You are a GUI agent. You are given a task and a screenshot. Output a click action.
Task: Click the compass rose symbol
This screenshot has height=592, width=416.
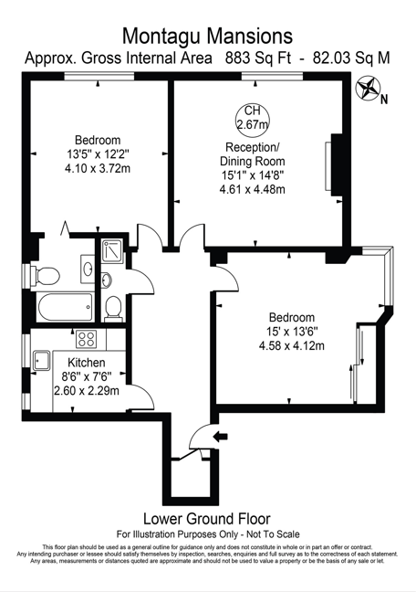pyautogui.click(x=367, y=88)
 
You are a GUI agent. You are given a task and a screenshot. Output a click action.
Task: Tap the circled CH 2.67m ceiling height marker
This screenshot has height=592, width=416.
pyautogui.click(x=253, y=117)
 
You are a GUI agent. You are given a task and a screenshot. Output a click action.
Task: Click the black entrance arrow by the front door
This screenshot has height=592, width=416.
pyautogui.click(x=220, y=437)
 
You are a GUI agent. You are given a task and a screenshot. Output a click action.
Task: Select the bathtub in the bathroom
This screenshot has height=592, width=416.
pyautogui.click(x=65, y=307)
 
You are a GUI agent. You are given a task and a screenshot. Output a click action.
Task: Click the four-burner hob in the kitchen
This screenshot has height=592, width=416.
pyautogui.click(x=87, y=339)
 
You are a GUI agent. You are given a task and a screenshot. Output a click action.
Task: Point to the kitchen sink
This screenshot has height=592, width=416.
pyautogui.click(x=41, y=361)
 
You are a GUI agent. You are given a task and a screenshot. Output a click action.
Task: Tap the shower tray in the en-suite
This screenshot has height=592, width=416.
pyautogui.click(x=112, y=251)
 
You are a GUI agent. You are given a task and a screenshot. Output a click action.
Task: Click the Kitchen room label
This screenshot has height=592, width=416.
pyautogui.click(x=87, y=363)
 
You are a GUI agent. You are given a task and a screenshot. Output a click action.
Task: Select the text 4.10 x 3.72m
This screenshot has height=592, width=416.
pyautogui.click(x=98, y=168)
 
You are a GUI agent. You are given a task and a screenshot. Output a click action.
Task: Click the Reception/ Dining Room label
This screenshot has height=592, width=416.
pyautogui.click(x=253, y=154)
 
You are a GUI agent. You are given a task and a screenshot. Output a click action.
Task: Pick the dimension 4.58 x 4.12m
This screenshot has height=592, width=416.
pyautogui.click(x=292, y=345)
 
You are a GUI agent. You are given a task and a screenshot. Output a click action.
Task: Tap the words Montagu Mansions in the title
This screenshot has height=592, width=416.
pyautogui.click(x=207, y=37)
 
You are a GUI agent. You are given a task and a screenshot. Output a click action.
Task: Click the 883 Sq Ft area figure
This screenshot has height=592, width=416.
pyautogui.click(x=258, y=58)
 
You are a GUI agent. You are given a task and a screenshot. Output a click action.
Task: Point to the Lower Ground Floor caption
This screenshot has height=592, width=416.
pyautogui.click(x=207, y=519)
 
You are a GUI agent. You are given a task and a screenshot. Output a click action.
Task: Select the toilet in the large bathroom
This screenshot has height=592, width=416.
pyautogui.click(x=46, y=276)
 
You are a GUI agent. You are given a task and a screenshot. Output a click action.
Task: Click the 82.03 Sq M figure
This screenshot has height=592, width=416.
pyautogui.click(x=351, y=58)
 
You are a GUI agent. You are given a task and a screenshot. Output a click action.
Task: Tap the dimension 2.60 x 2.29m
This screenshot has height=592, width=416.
pyautogui.click(x=87, y=391)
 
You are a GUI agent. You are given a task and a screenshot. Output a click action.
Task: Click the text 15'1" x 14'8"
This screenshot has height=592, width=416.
pyautogui.click(x=253, y=175)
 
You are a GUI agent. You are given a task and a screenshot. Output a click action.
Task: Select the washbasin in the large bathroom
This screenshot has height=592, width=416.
pyautogui.click(x=88, y=269)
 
